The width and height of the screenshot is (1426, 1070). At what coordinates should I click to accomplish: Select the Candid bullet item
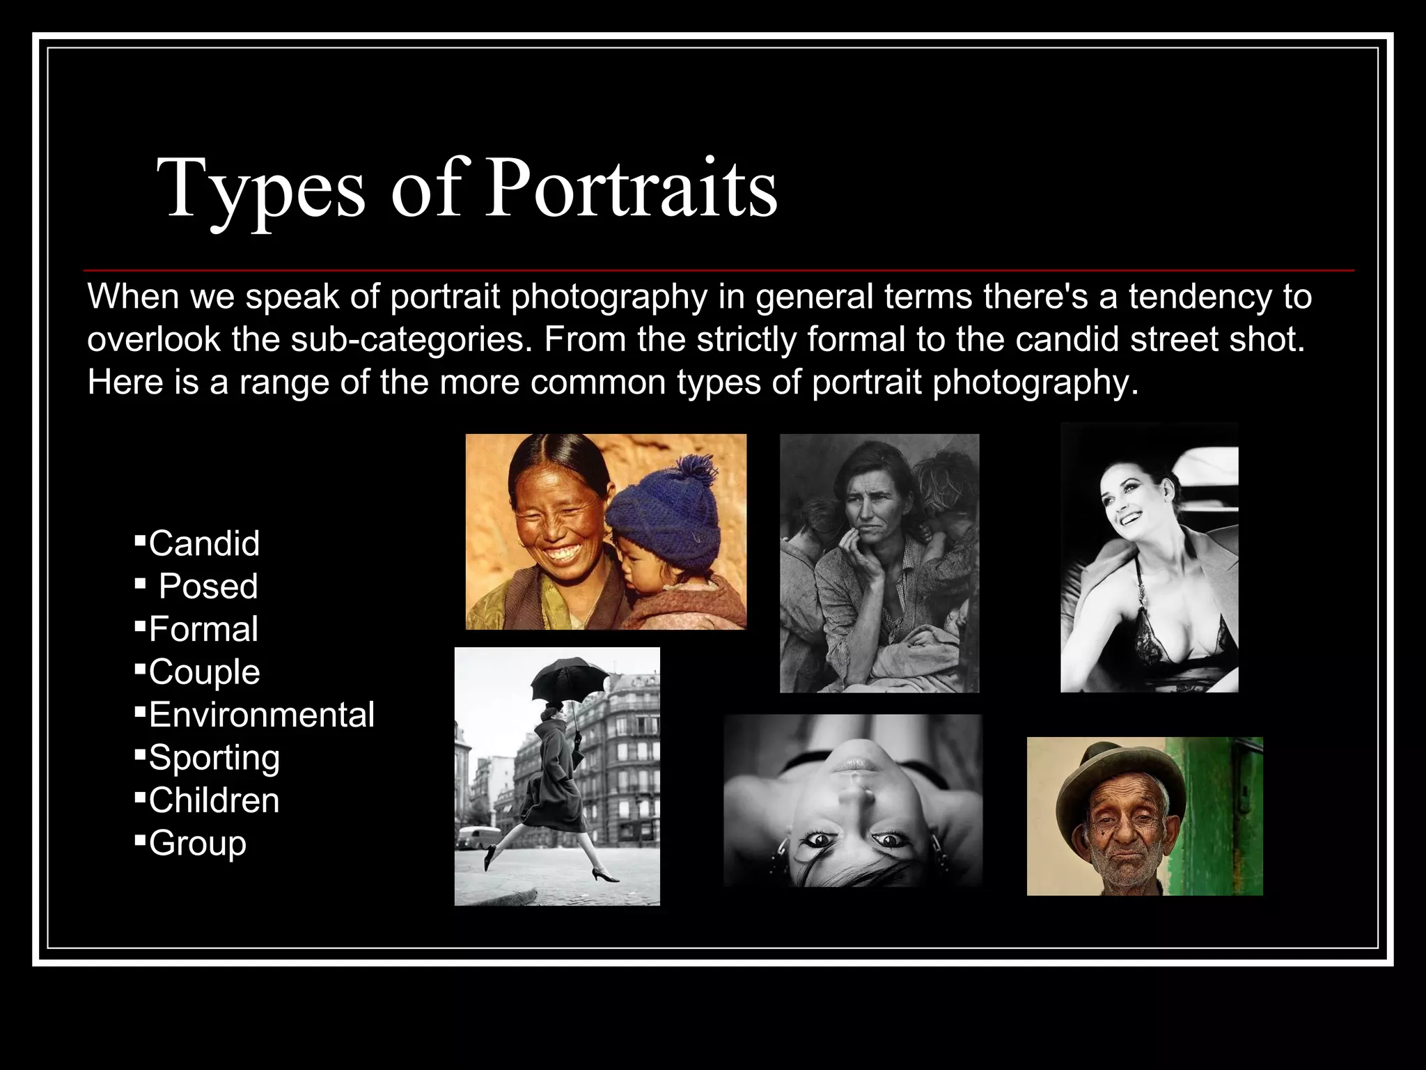pos(204,543)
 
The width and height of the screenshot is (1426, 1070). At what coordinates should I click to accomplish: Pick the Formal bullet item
pos(203,629)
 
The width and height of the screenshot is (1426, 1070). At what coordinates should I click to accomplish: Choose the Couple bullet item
pos(204,672)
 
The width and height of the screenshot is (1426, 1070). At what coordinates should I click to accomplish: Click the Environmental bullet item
pos(261,715)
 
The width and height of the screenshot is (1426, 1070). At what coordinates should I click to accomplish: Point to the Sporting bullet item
pos(214,758)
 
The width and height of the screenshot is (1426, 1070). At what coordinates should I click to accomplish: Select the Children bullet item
pos(214,800)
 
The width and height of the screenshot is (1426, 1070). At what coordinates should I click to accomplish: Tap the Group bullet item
pos(197,844)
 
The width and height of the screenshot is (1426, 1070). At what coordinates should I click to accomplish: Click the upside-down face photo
pos(852,801)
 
